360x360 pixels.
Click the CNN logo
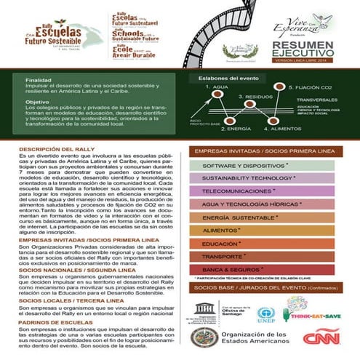click(x=321, y=338)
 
